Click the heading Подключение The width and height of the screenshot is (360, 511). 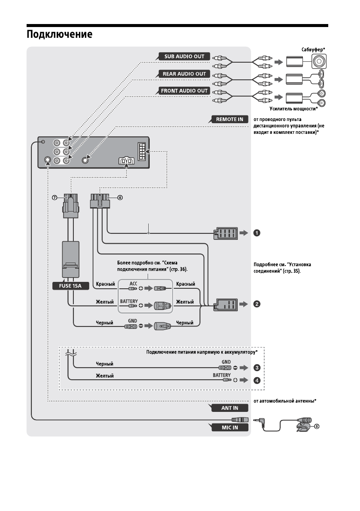pyautogui.click(x=60, y=34)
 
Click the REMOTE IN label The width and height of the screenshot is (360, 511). pyautogui.click(x=230, y=119)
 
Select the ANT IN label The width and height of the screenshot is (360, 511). pyautogui.click(x=230, y=408)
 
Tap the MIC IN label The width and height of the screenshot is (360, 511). pyautogui.click(x=230, y=427)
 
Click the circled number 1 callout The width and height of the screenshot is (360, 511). pyautogui.click(x=256, y=233)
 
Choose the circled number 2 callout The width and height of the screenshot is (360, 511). pyautogui.click(x=256, y=304)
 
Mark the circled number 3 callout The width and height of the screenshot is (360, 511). pyautogui.click(x=256, y=368)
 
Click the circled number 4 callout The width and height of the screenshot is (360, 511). pyautogui.click(x=256, y=380)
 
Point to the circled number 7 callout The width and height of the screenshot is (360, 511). pyautogui.click(x=54, y=198)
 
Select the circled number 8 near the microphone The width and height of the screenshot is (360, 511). pyautogui.click(x=317, y=426)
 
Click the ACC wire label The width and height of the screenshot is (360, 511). pyautogui.click(x=133, y=284)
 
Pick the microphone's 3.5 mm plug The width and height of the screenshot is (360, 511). pyautogui.click(x=259, y=422)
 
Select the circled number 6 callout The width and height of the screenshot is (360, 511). pyautogui.click(x=120, y=198)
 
